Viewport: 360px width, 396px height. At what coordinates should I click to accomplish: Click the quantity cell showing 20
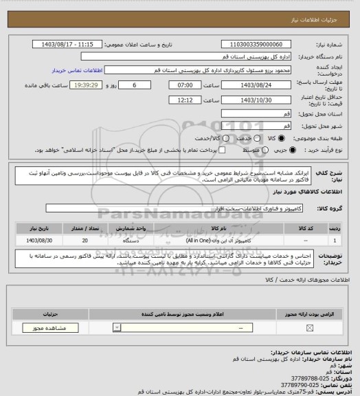pos(85,241)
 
